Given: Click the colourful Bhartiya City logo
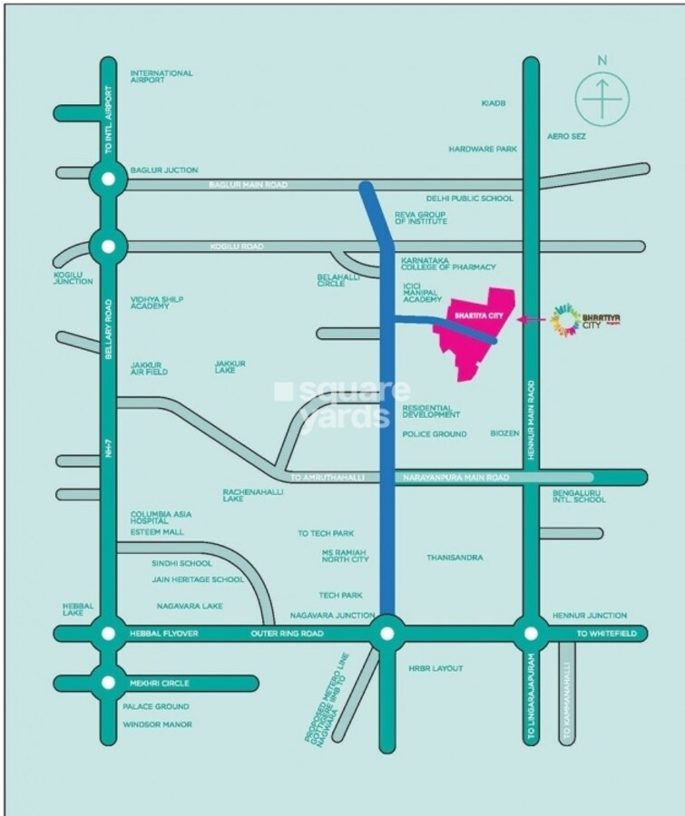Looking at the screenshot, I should tap(565, 320).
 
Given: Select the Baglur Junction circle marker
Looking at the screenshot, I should tap(109, 179).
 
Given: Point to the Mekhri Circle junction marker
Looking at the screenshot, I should tap(109, 683).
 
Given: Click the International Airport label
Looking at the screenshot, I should tap(161, 76).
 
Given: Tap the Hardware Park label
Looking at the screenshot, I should tap(482, 149).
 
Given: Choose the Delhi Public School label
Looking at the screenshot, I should tap(469, 199).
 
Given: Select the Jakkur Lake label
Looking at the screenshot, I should tap(230, 366).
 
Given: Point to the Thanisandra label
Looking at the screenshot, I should tap(455, 558).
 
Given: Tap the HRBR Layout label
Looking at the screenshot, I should tap(435, 668).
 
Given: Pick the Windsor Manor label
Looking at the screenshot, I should tap(157, 724).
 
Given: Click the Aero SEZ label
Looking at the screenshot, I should tap(566, 136).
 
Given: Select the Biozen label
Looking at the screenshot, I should tap(504, 433).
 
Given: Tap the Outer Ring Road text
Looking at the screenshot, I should tap(287, 633).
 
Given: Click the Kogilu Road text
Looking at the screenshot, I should tap(236, 247).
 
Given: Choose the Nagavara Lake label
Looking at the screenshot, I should tap(190, 605).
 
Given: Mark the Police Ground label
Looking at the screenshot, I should tap(435, 434).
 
